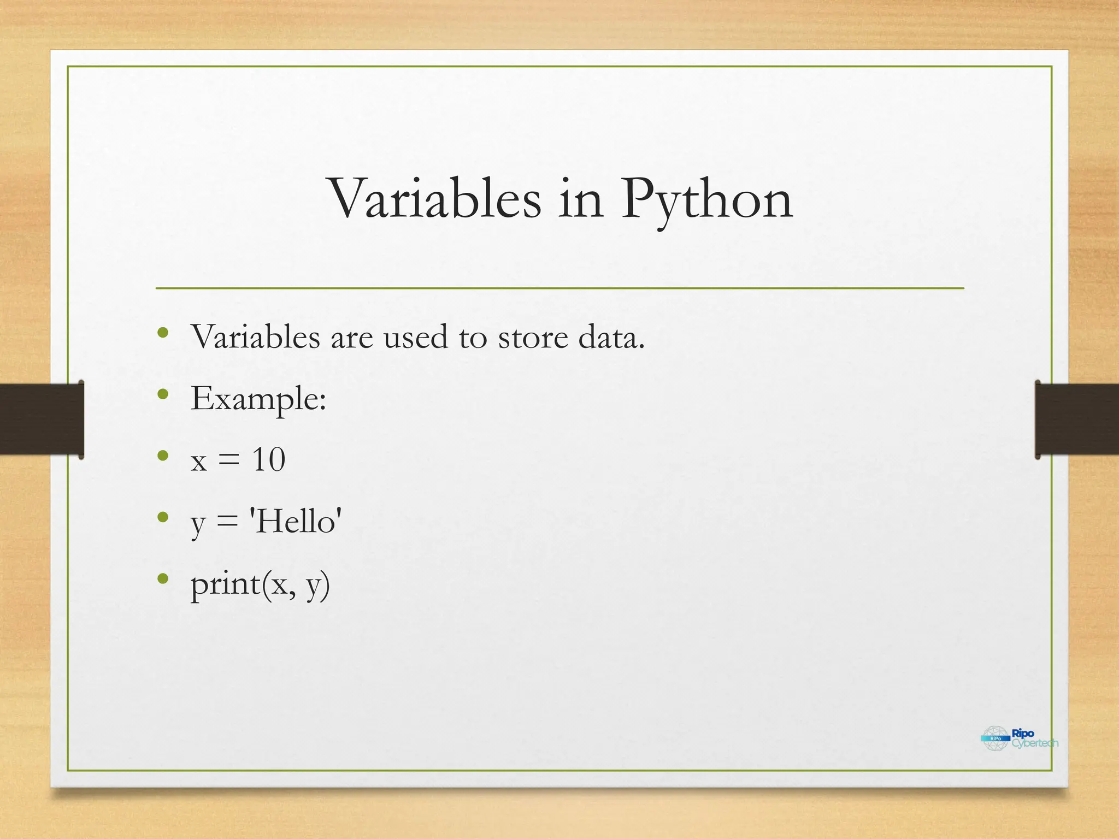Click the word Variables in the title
click(435, 199)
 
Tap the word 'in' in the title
click(581, 199)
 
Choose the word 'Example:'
click(258, 399)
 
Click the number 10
click(268, 460)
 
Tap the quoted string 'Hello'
click(296, 521)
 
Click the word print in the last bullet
click(225, 584)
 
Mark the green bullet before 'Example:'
click(162, 394)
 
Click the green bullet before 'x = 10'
click(162, 456)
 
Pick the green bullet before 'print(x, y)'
click(162, 578)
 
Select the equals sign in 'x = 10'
click(229, 460)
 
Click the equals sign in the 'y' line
click(227, 522)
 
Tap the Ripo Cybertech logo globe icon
click(995, 738)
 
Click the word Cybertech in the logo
click(1034, 743)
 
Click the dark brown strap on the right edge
click(1076, 419)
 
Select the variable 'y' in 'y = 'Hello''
click(198, 524)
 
